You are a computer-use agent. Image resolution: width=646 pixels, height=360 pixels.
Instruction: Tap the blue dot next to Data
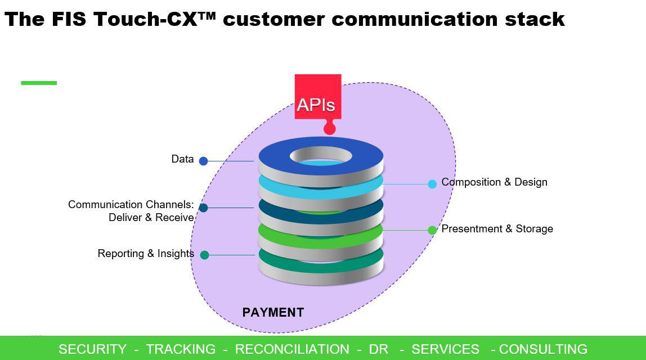[x=204, y=161]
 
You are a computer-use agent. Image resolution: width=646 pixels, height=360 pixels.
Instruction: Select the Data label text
[x=182, y=159]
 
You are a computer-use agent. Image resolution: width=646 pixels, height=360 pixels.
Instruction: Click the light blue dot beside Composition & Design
[x=432, y=184]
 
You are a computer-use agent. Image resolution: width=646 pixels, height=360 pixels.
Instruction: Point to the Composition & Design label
[x=494, y=182]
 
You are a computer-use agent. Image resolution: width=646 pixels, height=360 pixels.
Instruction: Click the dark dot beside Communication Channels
[x=204, y=208]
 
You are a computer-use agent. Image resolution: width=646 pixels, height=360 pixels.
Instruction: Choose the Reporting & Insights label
[x=146, y=254]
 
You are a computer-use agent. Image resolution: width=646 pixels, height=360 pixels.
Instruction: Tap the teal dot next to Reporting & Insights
[x=205, y=255]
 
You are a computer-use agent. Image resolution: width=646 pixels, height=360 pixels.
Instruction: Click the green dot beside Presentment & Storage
[x=432, y=230]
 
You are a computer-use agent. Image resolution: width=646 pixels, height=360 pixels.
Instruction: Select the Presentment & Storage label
[x=497, y=229]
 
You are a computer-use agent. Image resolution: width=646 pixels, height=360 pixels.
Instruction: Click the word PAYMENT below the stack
[x=273, y=313]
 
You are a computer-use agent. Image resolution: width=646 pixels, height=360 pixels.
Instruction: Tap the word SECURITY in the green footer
[x=92, y=349]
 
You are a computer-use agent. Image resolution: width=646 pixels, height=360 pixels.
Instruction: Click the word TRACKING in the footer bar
[x=181, y=349]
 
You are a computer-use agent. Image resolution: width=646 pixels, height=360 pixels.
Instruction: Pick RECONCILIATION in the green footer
[x=291, y=349]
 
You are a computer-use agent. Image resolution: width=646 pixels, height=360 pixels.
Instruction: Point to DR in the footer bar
[x=378, y=349]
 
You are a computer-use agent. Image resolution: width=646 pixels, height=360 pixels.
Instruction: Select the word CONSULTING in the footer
[x=542, y=349]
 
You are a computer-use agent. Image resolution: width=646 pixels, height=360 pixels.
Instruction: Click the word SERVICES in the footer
[x=445, y=349]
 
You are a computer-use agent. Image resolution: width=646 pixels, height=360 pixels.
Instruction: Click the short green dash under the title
[x=39, y=83]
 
